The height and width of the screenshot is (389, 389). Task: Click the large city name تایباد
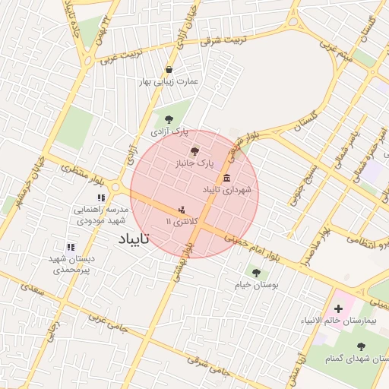(x=134, y=239)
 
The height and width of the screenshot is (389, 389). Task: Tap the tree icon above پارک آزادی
(x=168, y=119)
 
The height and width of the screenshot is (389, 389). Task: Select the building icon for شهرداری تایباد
(x=227, y=177)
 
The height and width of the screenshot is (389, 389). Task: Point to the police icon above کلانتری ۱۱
(x=181, y=209)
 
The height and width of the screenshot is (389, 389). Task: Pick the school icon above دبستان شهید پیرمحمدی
(x=71, y=247)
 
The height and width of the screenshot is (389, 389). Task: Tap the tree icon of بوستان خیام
(x=255, y=271)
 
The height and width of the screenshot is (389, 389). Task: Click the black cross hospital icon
(x=338, y=309)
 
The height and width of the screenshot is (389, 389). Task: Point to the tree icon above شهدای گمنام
(x=360, y=346)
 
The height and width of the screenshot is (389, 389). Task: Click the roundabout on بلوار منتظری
(x=116, y=186)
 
